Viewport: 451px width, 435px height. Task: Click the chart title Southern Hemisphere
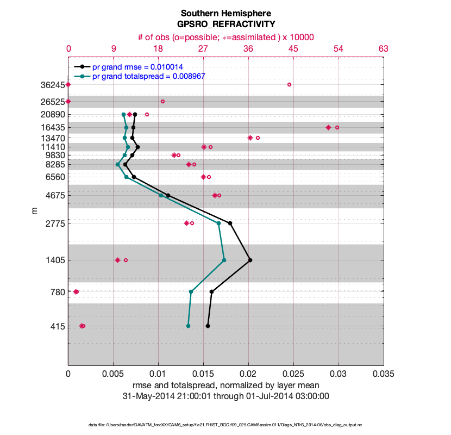(225, 13)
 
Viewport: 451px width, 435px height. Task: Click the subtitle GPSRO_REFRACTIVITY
(225, 24)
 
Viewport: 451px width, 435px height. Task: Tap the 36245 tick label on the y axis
(51, 85)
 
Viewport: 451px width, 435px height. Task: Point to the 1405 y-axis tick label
(54, 260)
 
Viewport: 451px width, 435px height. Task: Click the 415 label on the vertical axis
(57, 326)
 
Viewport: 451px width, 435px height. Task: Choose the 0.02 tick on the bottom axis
(248, 374)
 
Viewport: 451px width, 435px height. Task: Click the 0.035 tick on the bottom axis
(384, 374)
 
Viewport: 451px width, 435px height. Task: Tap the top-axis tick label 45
(293, 49)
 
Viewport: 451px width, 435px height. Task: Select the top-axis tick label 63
(384, 49)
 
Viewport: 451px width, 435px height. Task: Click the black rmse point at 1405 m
(250, 260)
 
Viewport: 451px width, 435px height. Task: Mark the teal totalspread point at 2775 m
(219, 223)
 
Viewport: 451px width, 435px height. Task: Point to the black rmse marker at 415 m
(208, 326)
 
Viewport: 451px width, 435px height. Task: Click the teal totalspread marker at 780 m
(191, 292)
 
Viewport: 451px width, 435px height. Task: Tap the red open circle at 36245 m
(289, 84)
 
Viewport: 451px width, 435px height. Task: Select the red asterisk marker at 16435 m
(328, 127)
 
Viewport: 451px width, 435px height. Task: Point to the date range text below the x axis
(225, 395)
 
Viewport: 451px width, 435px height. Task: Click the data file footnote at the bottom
(225, 424)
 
